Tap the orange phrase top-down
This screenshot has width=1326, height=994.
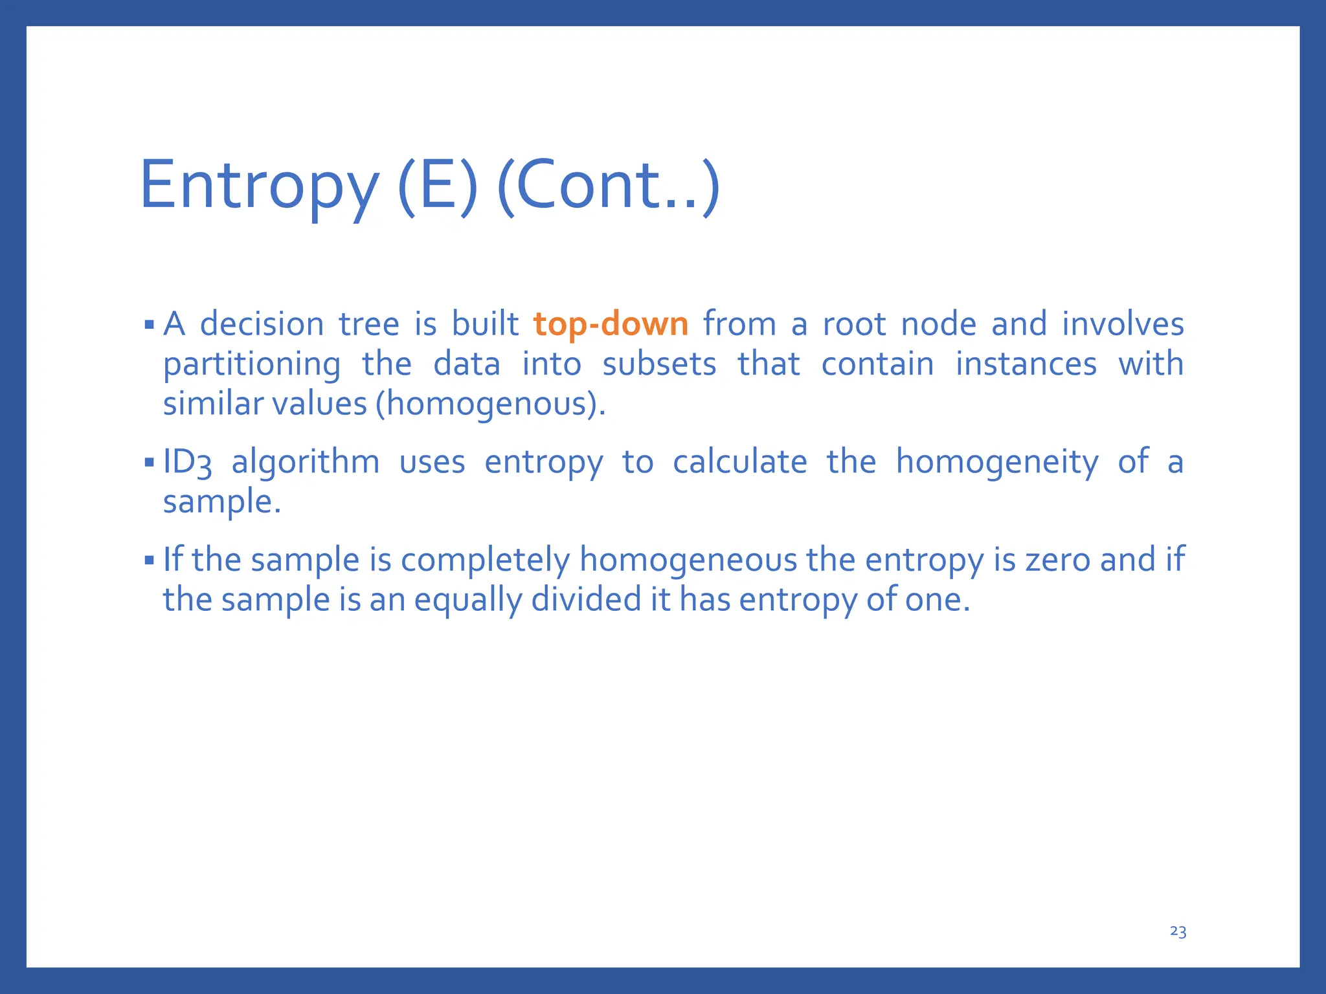pos(611,325)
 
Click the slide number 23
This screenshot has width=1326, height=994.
pos(1178,931)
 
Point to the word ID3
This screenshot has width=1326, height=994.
pos(187,463)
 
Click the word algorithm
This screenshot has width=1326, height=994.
pos(306,463)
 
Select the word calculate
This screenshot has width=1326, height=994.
pos(739,463)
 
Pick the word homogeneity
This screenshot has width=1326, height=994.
pos(997,463)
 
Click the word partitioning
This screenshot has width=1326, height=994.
pos(251,365)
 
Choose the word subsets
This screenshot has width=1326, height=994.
pos(659,365)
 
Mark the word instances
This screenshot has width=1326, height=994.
pos(1026,365)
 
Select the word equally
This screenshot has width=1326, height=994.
pos(467,601)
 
